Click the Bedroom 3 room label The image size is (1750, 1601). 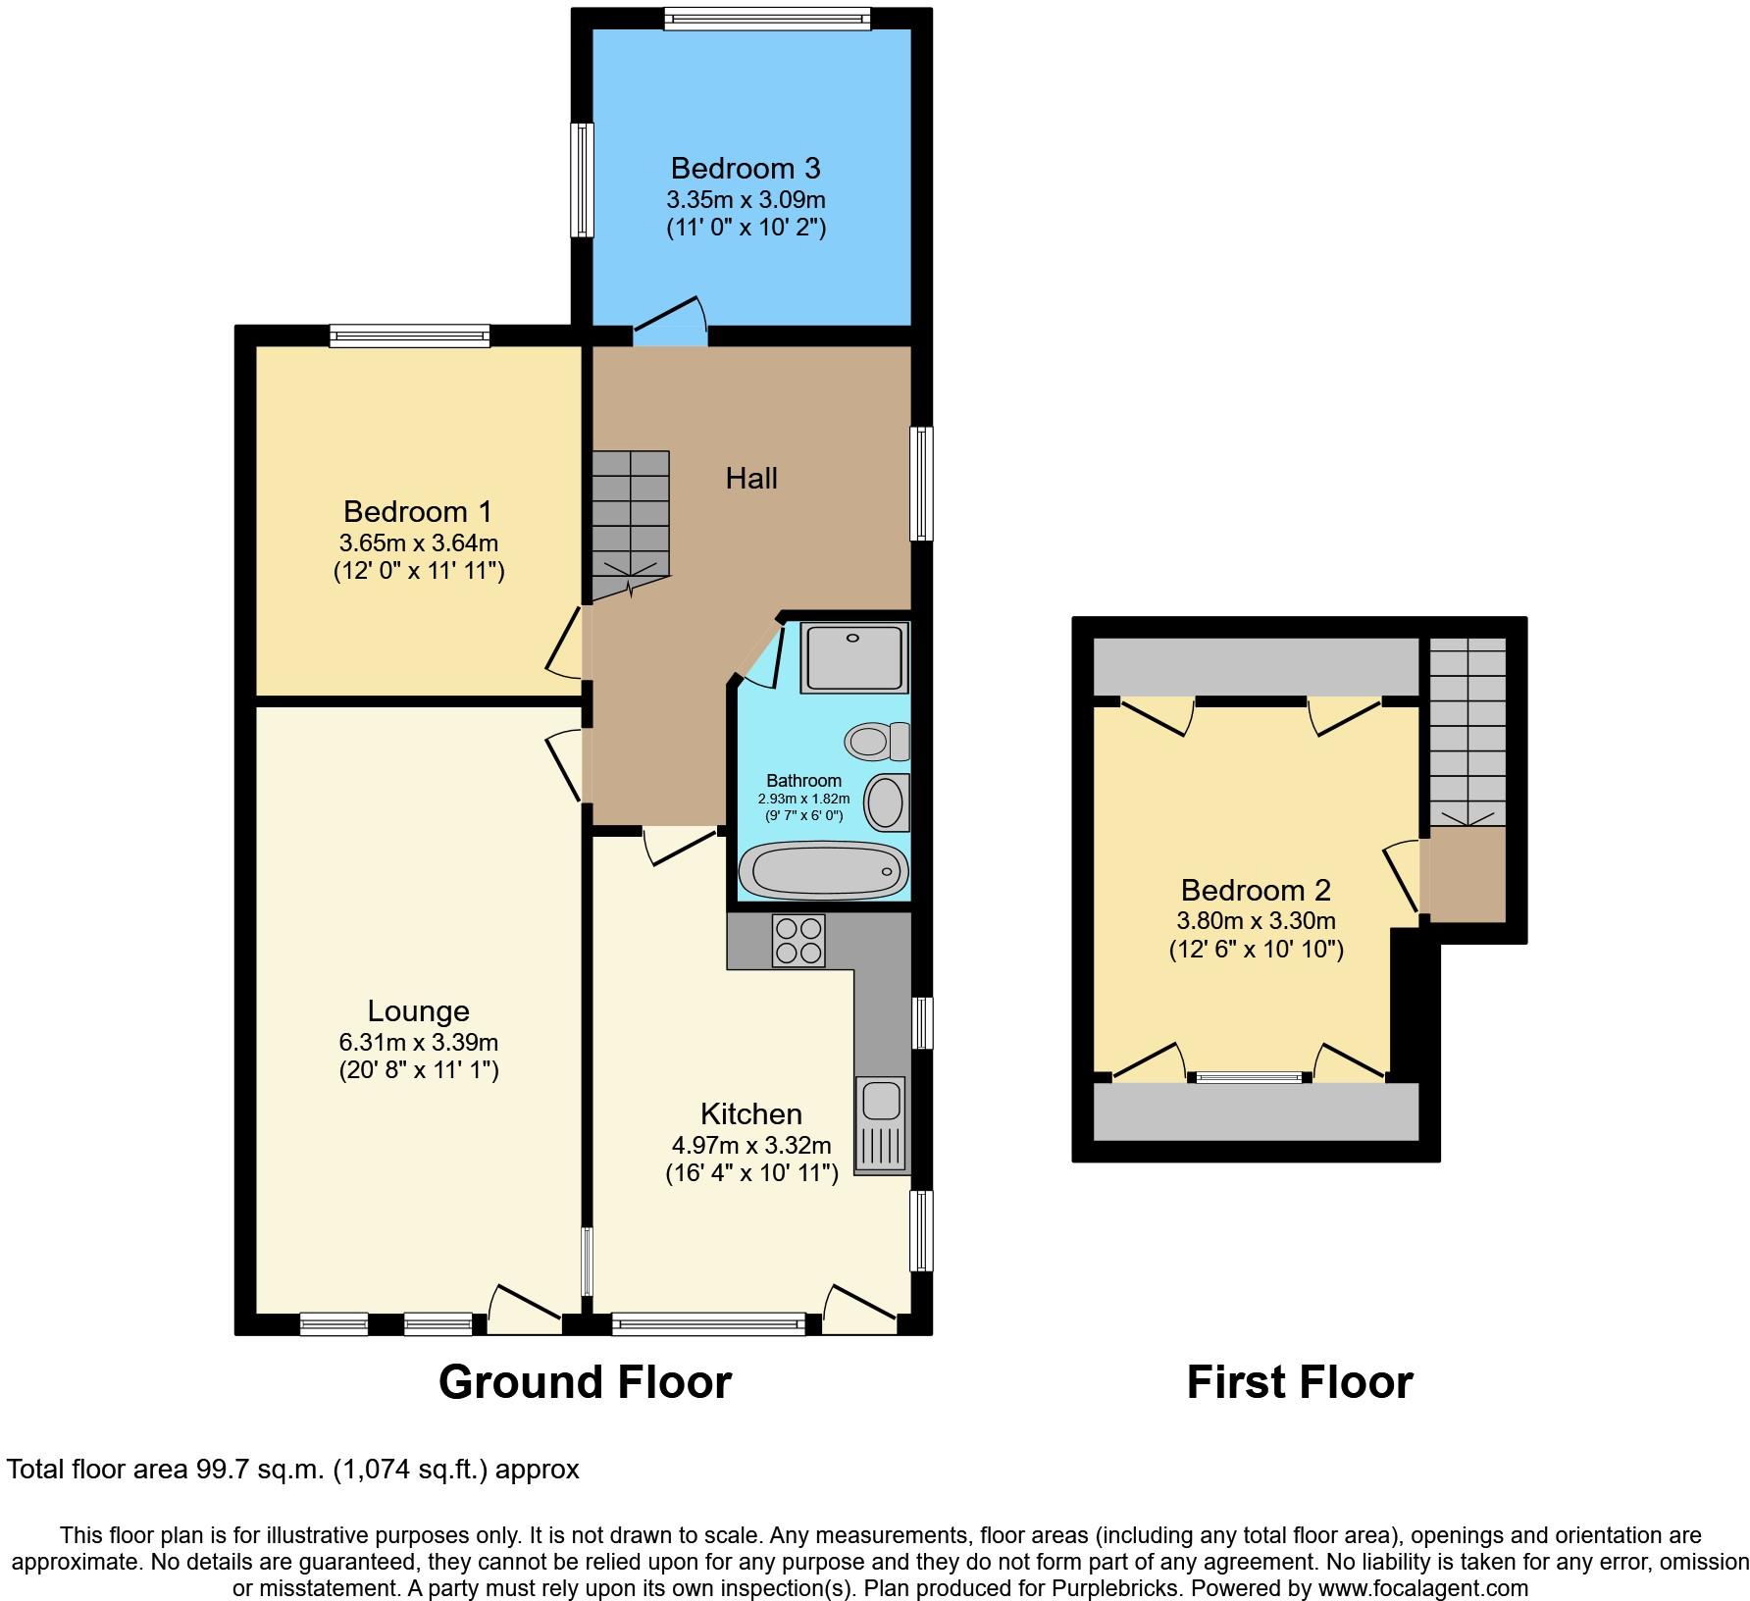click(x=746, y=168)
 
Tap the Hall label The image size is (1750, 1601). click(x=751, y=479)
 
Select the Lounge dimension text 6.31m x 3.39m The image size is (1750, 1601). click(x=419, y=1042)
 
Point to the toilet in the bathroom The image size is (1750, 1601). click(x=878, y=741)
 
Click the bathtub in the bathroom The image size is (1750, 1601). click(x=823, y=869)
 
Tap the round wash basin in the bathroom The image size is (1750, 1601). click(x=888, y=802)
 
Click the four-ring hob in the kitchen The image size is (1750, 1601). click(x=798, y=941)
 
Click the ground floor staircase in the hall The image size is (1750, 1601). click(x=630, y=525)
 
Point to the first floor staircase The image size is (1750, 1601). click(x=1467, y=732)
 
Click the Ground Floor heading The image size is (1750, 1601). click(x=585, y=1382)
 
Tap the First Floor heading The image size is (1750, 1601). click(x=1300, y=1382)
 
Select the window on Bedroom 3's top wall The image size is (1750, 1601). click(x=767, y=18)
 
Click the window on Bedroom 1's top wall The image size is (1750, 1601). click(x=409, y=336)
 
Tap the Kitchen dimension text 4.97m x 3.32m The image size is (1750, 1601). click(x=751, y=1145)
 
